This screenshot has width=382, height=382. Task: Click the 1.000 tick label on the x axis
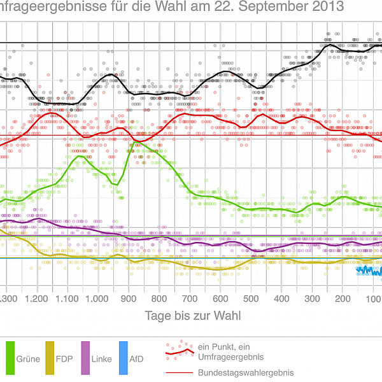coord(97,299)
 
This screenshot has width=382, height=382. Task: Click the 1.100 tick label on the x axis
coord(66,299)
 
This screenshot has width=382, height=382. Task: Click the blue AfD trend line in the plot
coord(369,272)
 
